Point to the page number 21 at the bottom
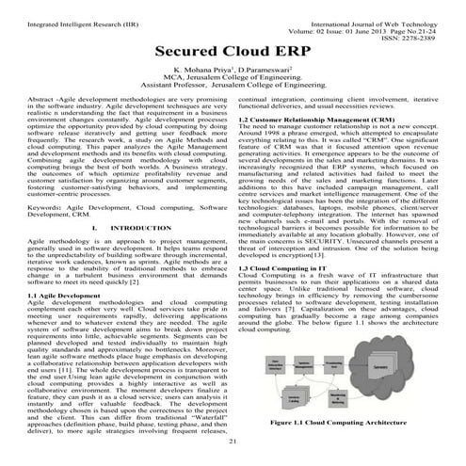point(233,440)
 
